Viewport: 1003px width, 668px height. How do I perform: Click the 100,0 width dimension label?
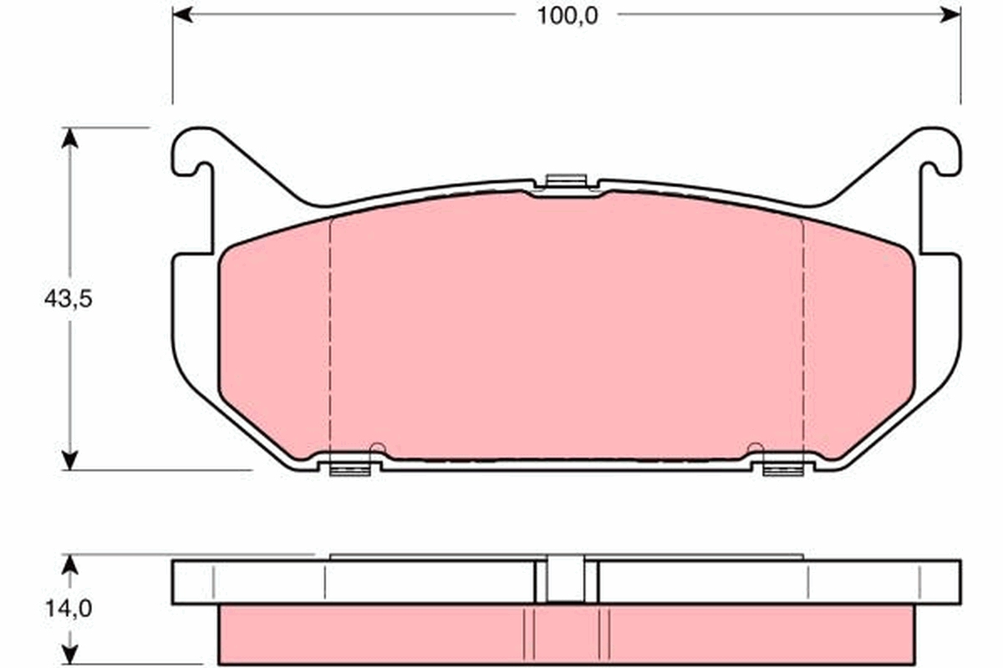[x=568, y=17]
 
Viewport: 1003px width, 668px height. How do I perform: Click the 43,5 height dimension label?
[x=68, y=298]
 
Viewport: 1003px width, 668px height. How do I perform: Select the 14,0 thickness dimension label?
[x=69, y=609]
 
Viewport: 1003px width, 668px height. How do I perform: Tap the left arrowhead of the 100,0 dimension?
[x=182, y=14]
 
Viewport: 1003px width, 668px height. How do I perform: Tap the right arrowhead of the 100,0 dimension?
[x=950, y=14]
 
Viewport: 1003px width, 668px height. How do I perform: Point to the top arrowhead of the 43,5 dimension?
[x=69, y=138]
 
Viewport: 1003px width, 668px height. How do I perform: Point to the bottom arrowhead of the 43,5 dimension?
[x=69, y=460]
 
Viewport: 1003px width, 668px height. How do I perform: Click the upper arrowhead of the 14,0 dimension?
[x=69, y=564]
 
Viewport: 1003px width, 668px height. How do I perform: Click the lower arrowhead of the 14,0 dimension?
[x=69, y=655]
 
